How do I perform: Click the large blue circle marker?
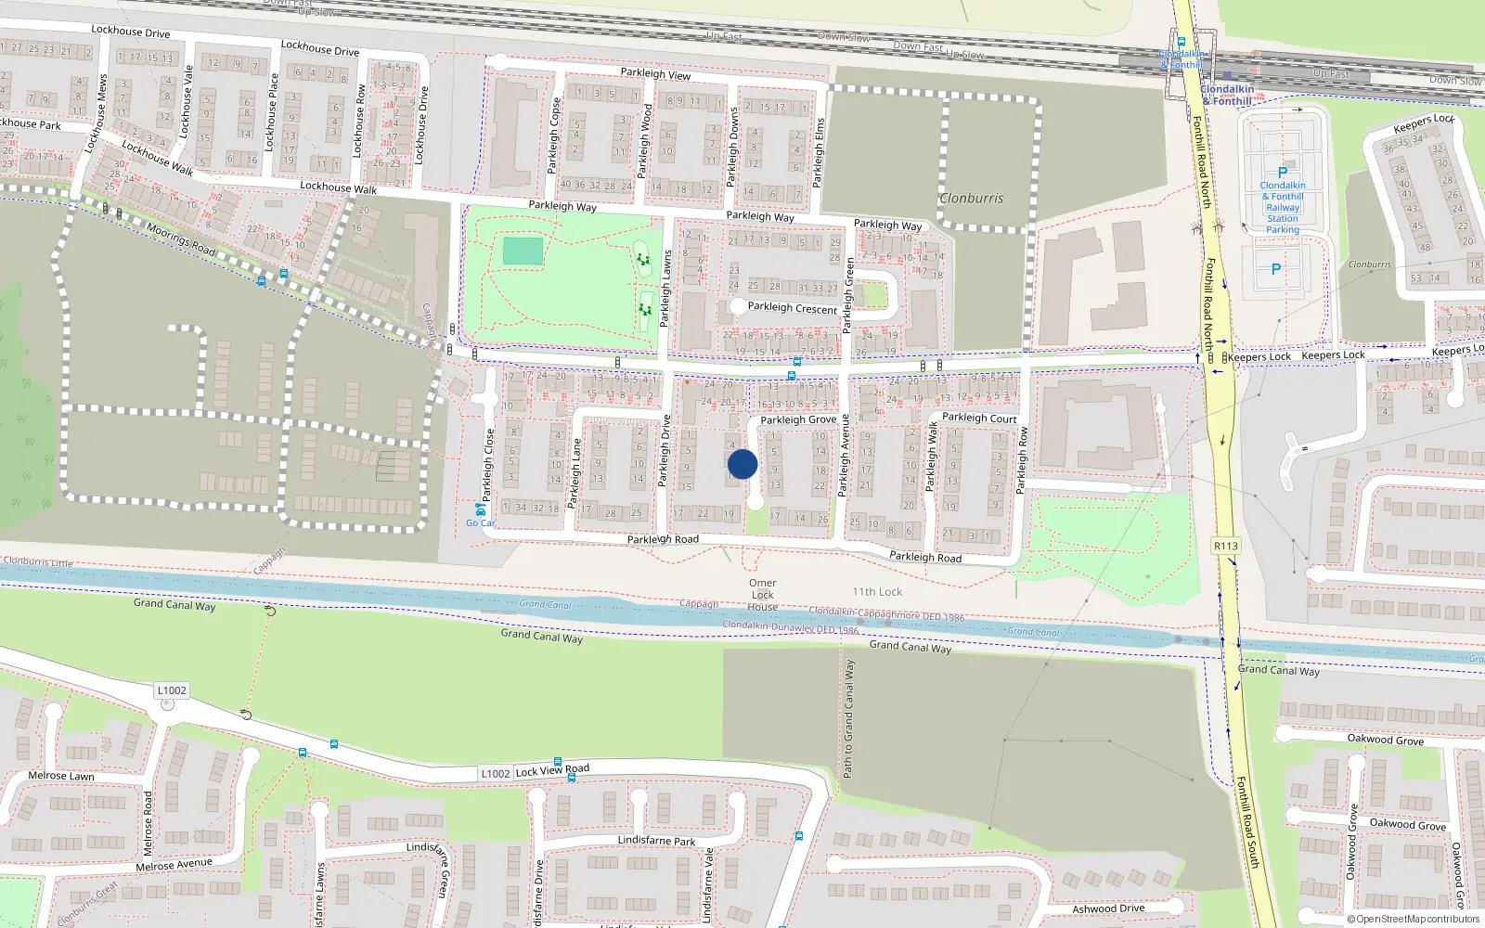coord(742,464)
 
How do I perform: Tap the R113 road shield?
coord(1226,546)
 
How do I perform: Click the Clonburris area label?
coord(971,198)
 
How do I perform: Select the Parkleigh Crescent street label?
coord(792,307)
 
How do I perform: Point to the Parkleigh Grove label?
coord(798,419)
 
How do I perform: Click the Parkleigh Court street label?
coord(979,418)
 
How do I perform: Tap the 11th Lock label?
coord(877,591)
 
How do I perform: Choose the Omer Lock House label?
coord(762,595)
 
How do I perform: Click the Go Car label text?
coord(480,523)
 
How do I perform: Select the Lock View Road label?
coord(552,769)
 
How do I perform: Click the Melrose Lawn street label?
coord(61,776)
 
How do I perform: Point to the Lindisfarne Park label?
coord(656,841)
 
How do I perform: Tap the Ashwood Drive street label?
coord(1108,909)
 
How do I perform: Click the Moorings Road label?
coord(181,239)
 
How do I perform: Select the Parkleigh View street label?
coord(655,73)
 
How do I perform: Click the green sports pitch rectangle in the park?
coord(523,251)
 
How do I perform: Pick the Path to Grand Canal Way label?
coord(847,718)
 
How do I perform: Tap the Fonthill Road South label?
coord(1247,822)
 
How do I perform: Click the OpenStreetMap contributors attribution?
coord(1414,920)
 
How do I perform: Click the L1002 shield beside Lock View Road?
coord(495,773)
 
